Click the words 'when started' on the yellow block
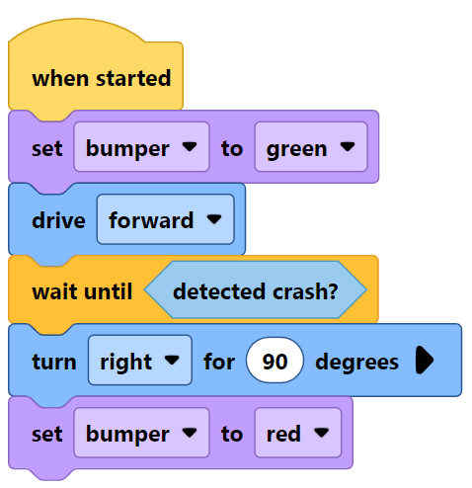pos(101,78)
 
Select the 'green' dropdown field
pos(310,148)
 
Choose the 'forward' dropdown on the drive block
pos(165,219)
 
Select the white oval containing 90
pos(275,362)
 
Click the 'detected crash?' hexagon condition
pos(255,291)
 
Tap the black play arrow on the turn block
pos(425,362)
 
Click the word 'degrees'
pos(356,362)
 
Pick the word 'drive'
pos(58,219)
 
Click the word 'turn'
pos(53,362)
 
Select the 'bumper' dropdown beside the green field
pos(141,148)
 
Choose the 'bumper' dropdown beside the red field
pos(141,434)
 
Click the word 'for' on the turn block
pos(218,362)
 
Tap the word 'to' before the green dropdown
pos(231,148)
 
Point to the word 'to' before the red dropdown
pos(231,434)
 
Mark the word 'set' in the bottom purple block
pos(46,434)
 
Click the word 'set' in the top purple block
pos(46,148)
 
